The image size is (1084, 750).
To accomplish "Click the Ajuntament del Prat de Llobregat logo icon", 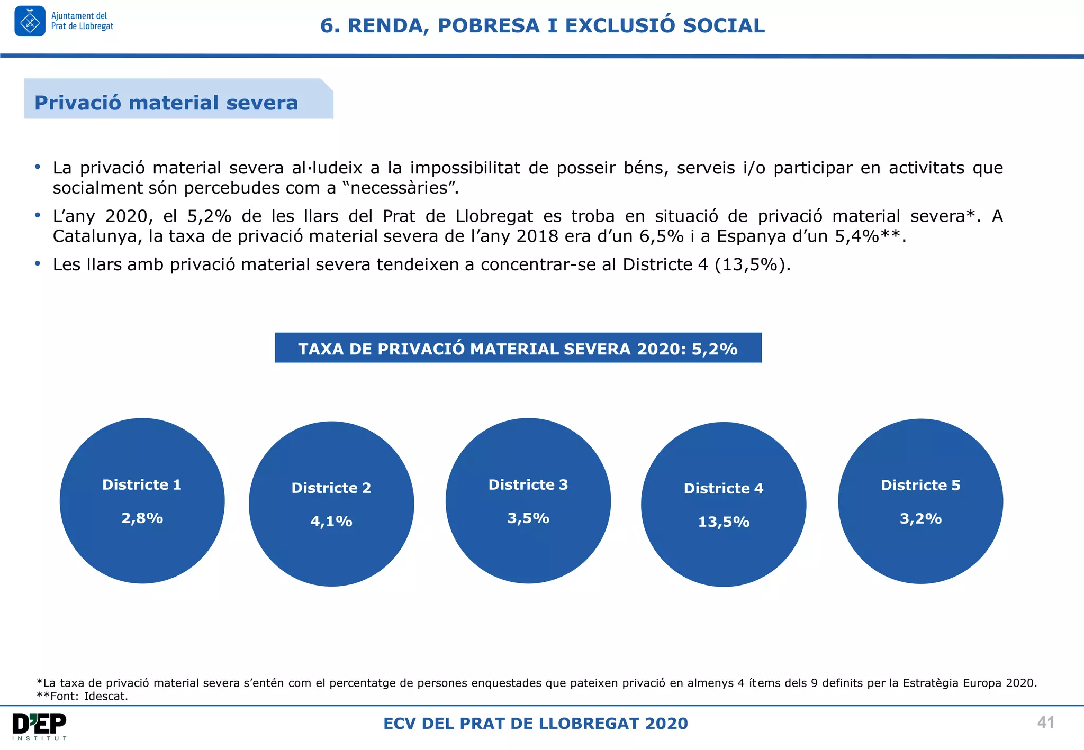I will pos(30,21).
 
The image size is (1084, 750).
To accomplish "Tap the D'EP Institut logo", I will pos(40,726).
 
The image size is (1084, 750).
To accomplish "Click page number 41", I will pos(1046,722).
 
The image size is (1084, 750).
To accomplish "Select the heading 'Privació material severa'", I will pos(166,103).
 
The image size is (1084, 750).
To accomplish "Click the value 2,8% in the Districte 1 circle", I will pos(142,518).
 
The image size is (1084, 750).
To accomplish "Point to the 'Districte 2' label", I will pos(331,488).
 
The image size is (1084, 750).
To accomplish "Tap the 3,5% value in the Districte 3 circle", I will pos(528,518).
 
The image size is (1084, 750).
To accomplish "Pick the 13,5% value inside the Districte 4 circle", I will pos(724,522).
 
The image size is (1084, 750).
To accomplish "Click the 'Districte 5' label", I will pos(920,485).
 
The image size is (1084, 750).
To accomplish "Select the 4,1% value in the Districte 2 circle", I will pos(331,521).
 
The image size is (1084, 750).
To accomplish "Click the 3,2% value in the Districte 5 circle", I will pos(920,518).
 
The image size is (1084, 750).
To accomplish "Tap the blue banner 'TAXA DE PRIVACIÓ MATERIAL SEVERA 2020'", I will pos(518,349).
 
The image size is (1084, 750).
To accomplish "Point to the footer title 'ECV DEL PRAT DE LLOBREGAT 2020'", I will pos(536,723).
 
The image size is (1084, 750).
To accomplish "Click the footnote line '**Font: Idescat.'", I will pos(83,696).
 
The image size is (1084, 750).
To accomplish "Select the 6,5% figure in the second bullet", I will pos(662,236).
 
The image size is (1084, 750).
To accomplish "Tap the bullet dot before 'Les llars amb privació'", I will pos(38,263).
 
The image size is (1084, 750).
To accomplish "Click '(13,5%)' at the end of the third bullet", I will pos(752,264).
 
